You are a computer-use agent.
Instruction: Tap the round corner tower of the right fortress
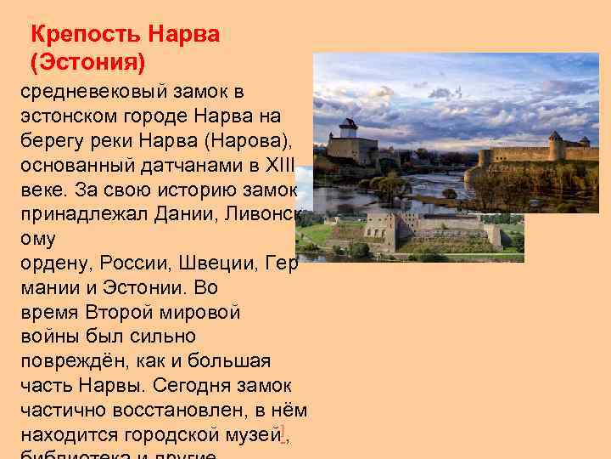coord(556,145)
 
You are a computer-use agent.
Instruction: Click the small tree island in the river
coord(390,186)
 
